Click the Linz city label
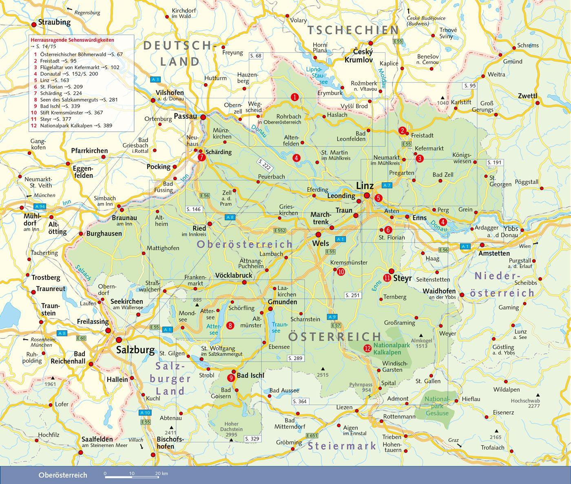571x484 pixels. coord(365,186)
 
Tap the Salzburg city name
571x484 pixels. coord(135,349)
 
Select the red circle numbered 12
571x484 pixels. coord(367,348)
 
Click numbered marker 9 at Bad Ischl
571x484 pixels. coord(231,378)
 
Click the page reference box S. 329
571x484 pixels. coord(252,439)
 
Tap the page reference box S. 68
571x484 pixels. coord(256,56)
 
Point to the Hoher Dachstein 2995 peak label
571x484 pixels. coord(231,429)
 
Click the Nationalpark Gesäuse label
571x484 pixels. coord(437,406)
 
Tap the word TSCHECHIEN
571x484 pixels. coord(353,30)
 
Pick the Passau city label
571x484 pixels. coord(185,116)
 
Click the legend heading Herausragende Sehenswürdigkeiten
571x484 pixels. coord(72,40)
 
